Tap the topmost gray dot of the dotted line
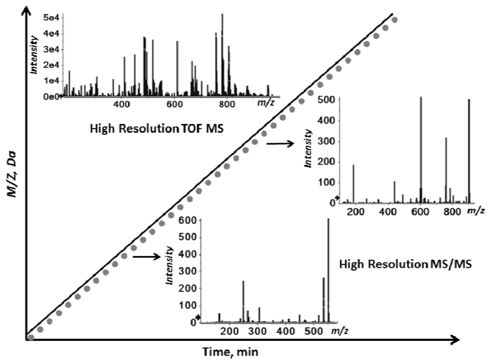tap(395, 20)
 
